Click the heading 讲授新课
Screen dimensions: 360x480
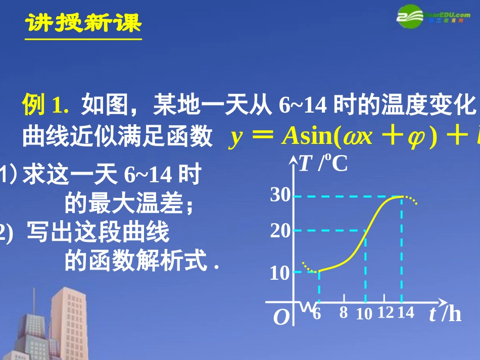(84, 22)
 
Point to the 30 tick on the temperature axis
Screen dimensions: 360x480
(280, 195)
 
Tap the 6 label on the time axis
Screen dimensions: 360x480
(317, 313)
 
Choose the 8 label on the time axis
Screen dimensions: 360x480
(344, 313)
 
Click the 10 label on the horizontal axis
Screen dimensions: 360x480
(364, 314)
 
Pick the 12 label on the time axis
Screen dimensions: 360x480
(385, 313)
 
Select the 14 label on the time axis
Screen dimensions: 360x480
(405, 313)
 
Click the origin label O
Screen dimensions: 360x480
(281, 318)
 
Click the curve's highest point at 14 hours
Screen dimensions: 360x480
(402, 196)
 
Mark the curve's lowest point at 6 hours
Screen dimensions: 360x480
(318, 272)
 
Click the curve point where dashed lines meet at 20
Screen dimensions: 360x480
(365, 231)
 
